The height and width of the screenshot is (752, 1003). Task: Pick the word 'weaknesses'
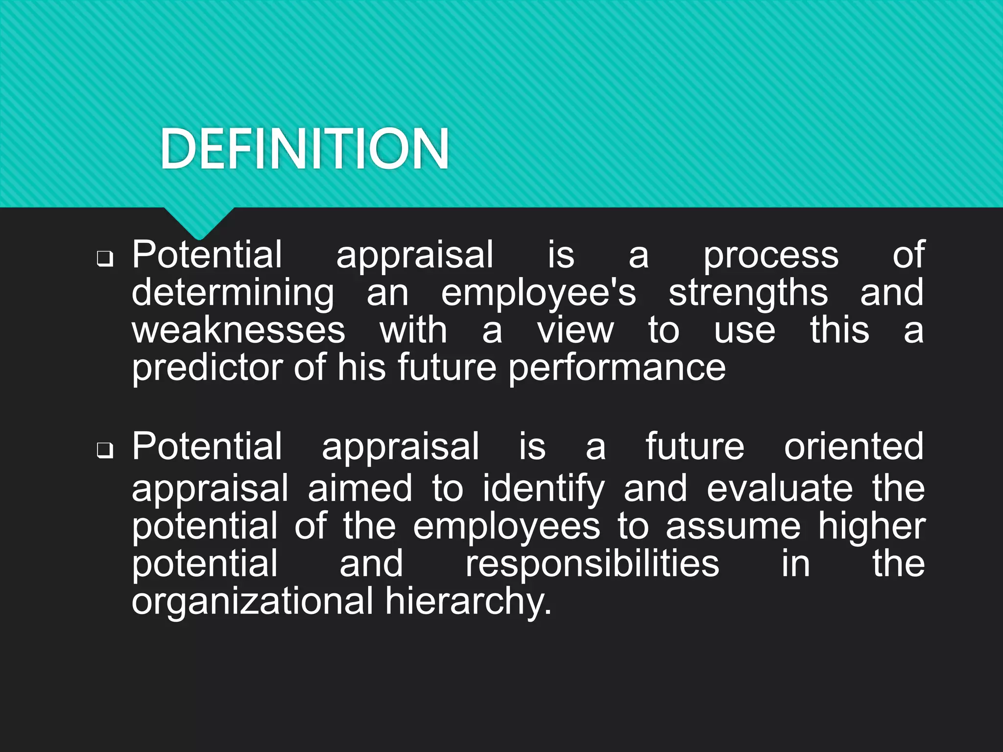click(x=239, y=330)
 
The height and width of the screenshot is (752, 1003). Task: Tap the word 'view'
click(x=575, y=330)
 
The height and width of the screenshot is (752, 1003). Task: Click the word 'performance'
click(x=617, y=368)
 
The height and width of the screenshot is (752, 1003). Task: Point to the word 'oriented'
click(x=854, y=446)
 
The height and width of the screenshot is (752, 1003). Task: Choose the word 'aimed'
click(x=360, y=489)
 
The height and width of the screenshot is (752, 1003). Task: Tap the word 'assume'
click(x=733, y=526)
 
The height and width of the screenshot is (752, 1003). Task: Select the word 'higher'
click(x=872, y=527)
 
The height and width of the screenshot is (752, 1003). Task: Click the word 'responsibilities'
click(x=592, y=564)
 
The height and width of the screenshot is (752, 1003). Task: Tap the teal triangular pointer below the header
click(x=199, y=222)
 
